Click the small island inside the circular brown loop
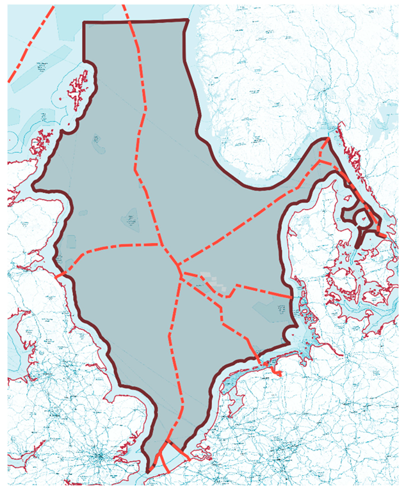(x=361, y=219)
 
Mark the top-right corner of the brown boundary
(x=188, y=20)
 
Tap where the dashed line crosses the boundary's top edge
(x=130, y=22)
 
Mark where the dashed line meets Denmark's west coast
(x=291, y=297)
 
